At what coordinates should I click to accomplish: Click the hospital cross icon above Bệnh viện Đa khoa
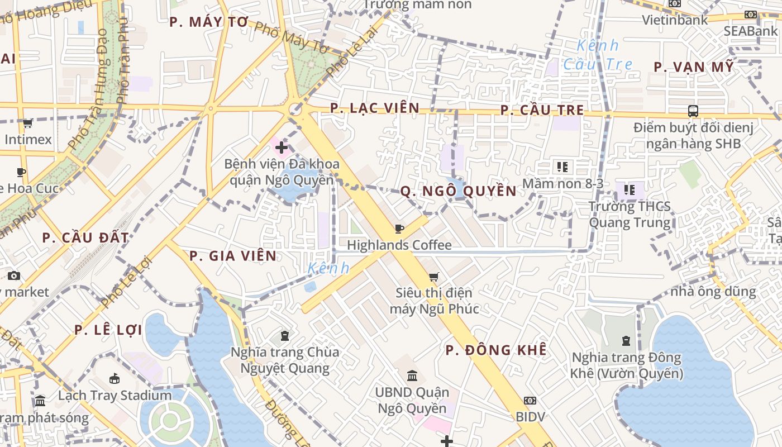(282, 148)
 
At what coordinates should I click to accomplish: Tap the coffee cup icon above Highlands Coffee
(399, 229)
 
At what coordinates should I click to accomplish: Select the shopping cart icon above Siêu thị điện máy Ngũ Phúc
(433, 277)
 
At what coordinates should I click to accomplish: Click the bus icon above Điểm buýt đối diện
(693, 111)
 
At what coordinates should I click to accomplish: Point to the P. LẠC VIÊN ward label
(374, 108)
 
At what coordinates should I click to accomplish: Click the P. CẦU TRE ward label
(542, 110)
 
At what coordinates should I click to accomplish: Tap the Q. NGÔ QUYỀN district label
(458, 191)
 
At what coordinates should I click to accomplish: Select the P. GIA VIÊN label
(232, 256)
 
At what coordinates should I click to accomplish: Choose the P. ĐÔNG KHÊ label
(496, 350)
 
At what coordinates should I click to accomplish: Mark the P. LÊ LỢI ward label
(108, 330)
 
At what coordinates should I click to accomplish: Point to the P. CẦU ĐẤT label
(85, 237)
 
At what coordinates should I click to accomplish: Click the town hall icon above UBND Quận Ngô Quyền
(412, 375)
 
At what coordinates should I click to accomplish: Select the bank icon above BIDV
(530, 401)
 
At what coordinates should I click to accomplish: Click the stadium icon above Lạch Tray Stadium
(115, 379)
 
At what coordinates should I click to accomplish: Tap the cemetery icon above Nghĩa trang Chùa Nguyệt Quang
(285, 336)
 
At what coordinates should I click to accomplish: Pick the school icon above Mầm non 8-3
(562, 167)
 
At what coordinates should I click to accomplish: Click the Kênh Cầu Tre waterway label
(598, 55)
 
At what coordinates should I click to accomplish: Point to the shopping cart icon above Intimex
(27, 123)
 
